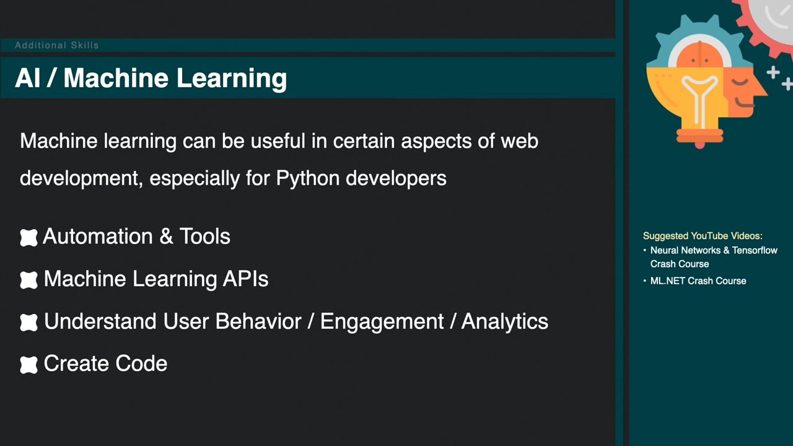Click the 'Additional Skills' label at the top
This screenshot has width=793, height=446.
[56, 45]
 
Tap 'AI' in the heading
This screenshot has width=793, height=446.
[27, 78]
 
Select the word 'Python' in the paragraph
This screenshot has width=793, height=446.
[308, 178]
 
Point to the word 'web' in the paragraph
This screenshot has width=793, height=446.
[519, 141]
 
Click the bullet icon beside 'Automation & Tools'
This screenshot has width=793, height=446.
[28, 237]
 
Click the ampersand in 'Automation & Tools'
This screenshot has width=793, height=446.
[166, 236]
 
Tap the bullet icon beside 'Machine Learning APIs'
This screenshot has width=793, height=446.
[28, 280]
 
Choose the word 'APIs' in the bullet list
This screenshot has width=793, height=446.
[245, 279]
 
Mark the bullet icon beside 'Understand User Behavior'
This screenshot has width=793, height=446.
[28, 323]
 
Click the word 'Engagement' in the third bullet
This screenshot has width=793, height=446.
[382, 322]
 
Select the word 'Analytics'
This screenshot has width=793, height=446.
[504, 322]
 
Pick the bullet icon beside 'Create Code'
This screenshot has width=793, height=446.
[28, 365]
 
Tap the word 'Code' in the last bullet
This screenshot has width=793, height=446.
[141, 364]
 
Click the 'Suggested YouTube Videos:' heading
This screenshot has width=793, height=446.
[703, 236]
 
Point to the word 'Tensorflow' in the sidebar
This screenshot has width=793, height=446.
[755, 250]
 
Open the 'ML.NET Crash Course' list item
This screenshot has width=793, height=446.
[698, 281]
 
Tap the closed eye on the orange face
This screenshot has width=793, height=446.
[740, 82]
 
